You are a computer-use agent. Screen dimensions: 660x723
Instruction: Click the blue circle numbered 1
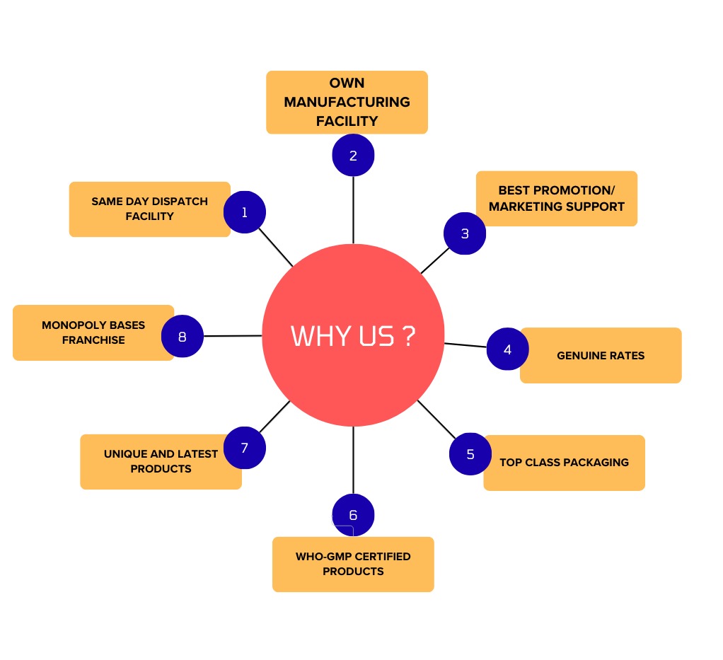pyautogui.click(x=244, y=212)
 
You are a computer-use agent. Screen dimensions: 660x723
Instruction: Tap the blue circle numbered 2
pyautogui.click(x=353, y=156)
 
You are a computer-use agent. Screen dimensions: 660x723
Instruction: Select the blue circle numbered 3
pyautogui.click(x=465, y=233)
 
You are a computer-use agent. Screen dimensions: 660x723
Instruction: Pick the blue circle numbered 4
pyautogui.click(x=507, y=349)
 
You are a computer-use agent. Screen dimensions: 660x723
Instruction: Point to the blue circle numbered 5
pyautogui.click(x=470, y=454)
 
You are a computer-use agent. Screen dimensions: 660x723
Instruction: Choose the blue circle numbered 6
pyautogui.click(x=353, y=515)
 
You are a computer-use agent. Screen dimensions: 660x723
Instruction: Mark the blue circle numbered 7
pyautogui.click(x=245, y=448)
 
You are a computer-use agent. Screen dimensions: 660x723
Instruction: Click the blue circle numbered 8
pyautogui.click(x=183, y=336)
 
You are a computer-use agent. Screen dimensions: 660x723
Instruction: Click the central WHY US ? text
pyautogui.click(x=353, y=336)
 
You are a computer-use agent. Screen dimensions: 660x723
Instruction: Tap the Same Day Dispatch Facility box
pyautogui.click(x=149, y=209)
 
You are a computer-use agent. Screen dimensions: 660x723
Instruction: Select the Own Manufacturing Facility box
pyautogui.click(x=347, y=102)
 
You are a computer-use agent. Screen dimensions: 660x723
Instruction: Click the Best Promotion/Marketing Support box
pyautogui.click(x=557, y=199)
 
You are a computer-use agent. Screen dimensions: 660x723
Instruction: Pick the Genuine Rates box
pyautogui.click(x=601, y=355)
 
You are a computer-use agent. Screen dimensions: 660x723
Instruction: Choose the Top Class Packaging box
pyautogui.click(x=564, y=463)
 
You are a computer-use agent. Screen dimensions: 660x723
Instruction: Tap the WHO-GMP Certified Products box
pyautogui.click(x=353, y=564)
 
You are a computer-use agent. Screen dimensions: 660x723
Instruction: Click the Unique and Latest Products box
pyautogui.click(x=161, y=461)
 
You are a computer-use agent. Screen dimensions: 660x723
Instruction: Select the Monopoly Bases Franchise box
pyautogui.click(x=93, y=332)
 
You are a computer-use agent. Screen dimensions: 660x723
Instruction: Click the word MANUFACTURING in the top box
pyautogui.click(x=347, y=102)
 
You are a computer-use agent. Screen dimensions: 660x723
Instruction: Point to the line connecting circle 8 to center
pyautogui.click(x=233, y=336)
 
